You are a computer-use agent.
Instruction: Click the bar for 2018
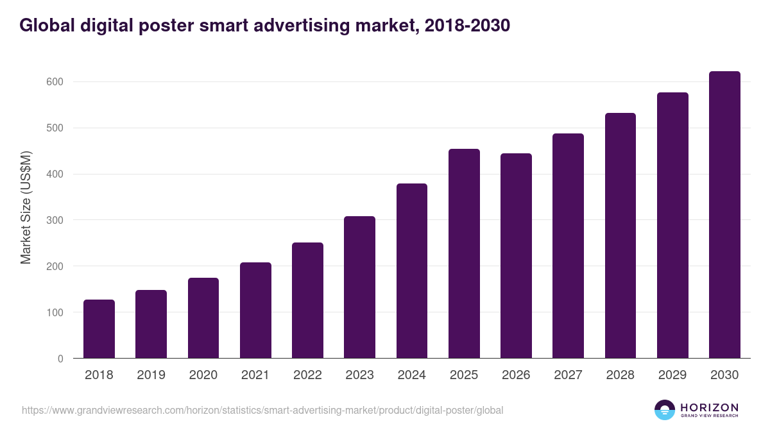[99, 329]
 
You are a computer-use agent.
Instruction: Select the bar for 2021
[255, 310]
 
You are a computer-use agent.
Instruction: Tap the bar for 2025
[464, 253]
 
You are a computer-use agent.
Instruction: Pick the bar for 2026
[516, 256]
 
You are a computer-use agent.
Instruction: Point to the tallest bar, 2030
[724, 215]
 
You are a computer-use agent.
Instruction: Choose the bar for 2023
[359, 287]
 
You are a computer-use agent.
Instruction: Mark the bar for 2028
[620, 235]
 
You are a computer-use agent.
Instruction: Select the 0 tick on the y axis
[60, 359]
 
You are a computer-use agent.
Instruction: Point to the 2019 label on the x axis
[151, 375]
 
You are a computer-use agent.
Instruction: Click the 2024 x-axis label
[411, 375]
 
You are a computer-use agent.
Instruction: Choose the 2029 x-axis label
[672, 375]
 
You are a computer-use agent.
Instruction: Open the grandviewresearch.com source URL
[262, 410]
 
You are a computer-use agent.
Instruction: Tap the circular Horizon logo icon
[665, 410]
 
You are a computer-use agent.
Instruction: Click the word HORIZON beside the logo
[709, 407]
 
